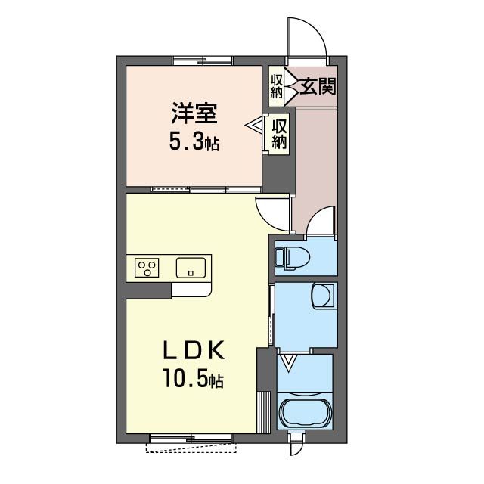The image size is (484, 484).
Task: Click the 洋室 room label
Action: (x=194, y=114)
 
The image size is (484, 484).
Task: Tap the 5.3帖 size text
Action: (x=194, y=141)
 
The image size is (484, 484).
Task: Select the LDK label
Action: (x=194, y=350)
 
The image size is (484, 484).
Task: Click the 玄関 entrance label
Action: (x=318, y=85)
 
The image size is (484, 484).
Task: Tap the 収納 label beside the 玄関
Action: (x=277, y=85)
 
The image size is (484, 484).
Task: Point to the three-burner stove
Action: (x=147, y=268)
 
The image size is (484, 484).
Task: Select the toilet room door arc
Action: (x=321, y=219)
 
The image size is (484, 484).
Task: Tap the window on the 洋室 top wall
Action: (x=200, y=60)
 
